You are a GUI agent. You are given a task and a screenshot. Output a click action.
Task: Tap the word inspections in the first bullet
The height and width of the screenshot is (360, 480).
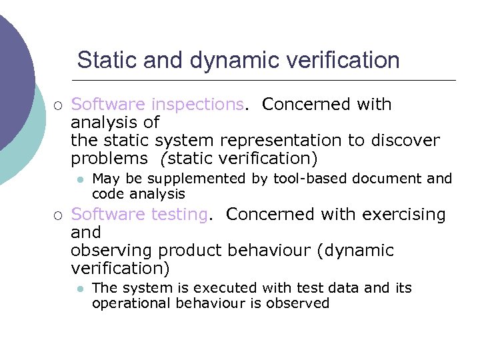197,105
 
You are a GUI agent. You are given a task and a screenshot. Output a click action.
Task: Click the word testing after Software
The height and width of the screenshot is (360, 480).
180,215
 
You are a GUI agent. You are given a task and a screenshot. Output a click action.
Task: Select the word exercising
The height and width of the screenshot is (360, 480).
404,215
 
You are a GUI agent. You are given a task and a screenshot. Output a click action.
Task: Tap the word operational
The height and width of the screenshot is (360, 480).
131,303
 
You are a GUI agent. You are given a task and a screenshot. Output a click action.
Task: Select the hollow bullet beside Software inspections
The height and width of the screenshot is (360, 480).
58,105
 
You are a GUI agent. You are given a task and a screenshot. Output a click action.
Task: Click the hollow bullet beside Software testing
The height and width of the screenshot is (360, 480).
58,215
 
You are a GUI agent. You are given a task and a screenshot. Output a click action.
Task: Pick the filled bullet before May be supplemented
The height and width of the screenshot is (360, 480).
79,179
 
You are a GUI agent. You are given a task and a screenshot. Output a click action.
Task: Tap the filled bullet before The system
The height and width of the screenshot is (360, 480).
79,289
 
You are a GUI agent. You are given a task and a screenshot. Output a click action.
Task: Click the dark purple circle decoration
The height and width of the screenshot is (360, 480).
12,73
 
